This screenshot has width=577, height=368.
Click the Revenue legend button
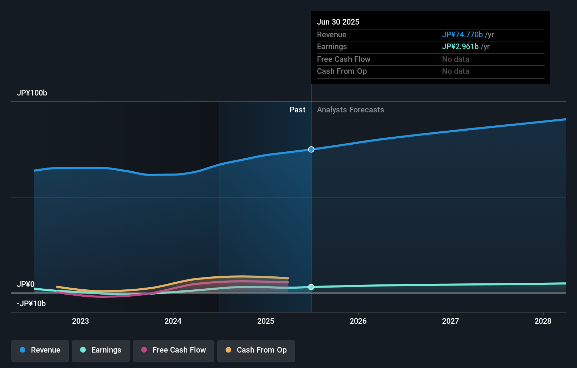(40, 350)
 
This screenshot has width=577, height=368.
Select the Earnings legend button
(101, 350)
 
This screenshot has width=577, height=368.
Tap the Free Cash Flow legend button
(174, 350)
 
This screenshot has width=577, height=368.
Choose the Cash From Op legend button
(256, 350)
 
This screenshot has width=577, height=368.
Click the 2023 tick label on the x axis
(80, 321)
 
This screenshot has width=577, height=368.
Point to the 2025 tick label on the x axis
(266, 321)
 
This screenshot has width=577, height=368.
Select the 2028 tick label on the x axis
(543, 321)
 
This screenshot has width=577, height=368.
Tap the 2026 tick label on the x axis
(358, 321)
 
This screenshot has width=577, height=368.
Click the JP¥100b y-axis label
(32, 93)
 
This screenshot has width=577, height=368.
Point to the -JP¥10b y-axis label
(31, 304)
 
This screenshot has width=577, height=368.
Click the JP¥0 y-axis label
(26, 284)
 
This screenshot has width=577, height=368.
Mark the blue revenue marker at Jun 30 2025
(311, 150)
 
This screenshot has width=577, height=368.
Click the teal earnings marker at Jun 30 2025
(311, 287)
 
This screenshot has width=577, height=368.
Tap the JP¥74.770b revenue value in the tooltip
(462, 35)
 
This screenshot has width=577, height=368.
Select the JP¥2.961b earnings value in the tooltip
(460, 47)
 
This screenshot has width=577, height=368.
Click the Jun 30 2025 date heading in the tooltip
(338, 22)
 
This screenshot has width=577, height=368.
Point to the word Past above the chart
(297, 110)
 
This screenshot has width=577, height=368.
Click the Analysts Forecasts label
(350, 110)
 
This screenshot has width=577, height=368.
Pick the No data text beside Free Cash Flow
(455, 59)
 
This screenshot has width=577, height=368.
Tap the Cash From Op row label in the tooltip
(342, 71)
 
